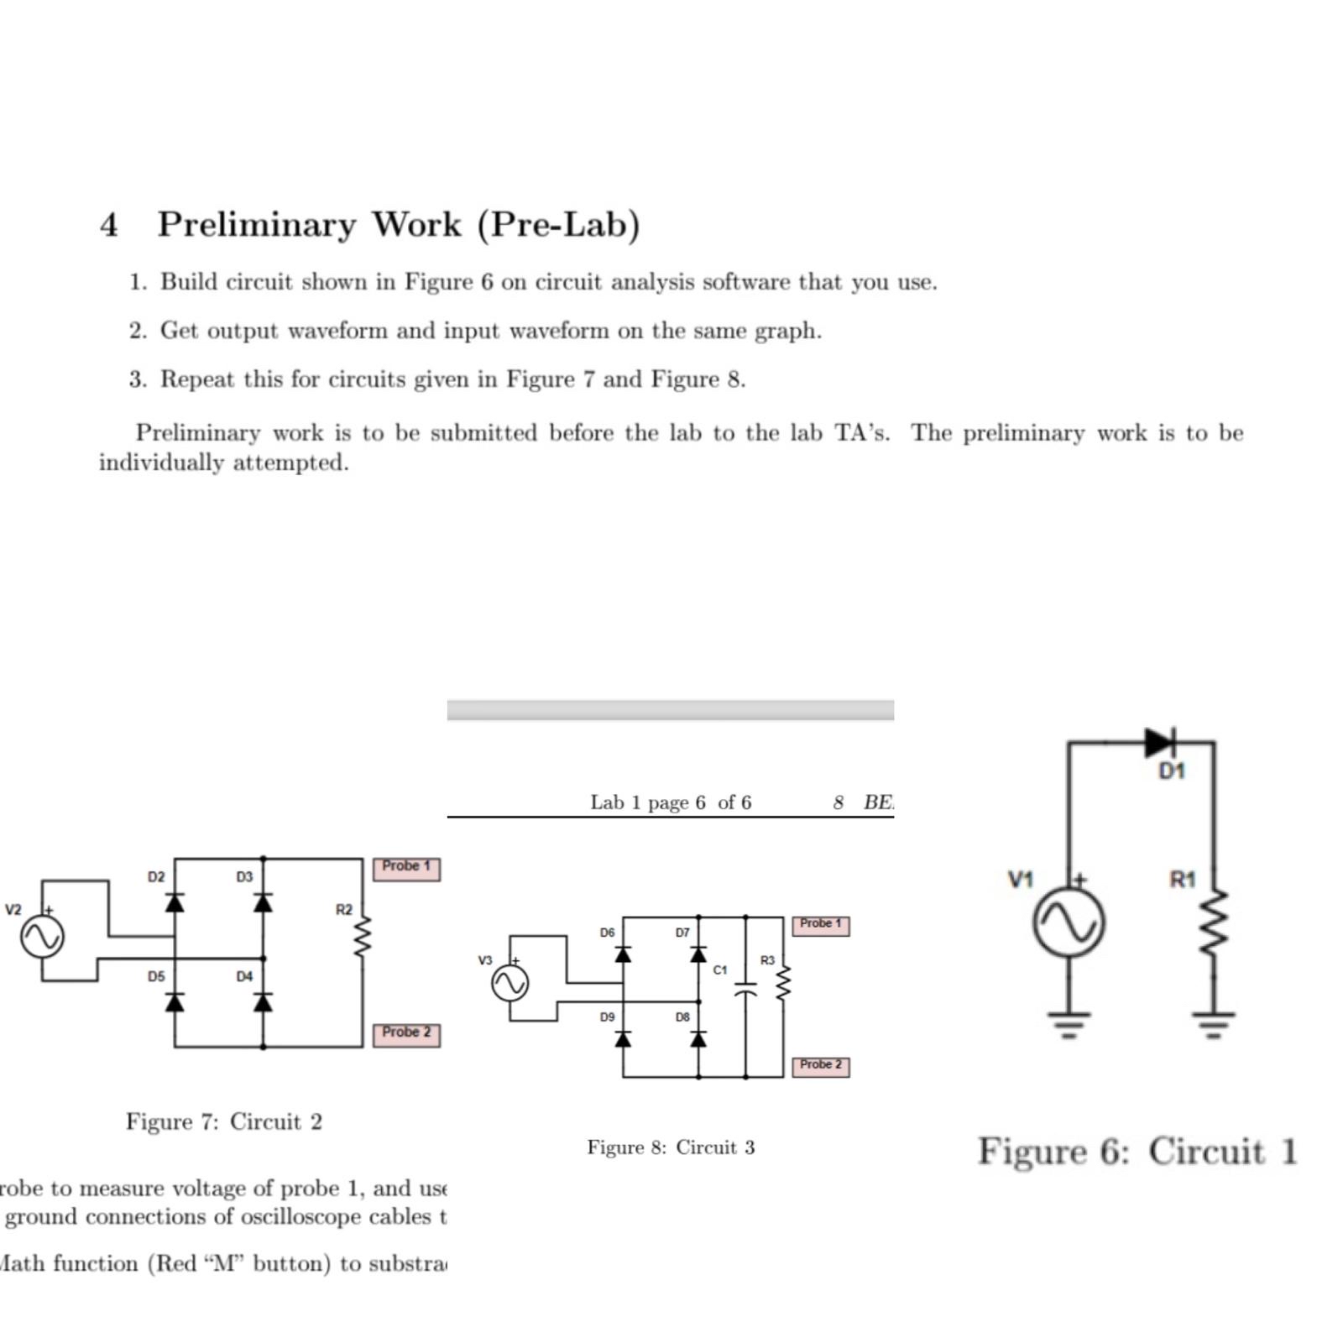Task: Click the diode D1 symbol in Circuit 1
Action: pyautogui.click(x=1160, y=742)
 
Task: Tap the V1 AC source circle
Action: pyautogui.click(x=1068, y=922)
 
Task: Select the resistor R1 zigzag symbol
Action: pyautogui.click(x=1214, y=923)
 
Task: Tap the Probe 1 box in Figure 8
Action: pyautogui.click(x=820, y=925)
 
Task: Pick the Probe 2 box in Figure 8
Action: pyautogui.click(x=820, y=1066)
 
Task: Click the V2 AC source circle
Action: pyautogui.click(x=42, y=937)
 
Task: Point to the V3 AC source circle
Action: pyautogui.click(x=510, y=983)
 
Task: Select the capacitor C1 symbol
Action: pyautogui.click(x=745, y=991)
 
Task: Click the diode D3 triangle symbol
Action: pyautogui.click(x=264, y=902)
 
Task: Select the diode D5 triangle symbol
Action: pyautogui.click(x=175, y=1001)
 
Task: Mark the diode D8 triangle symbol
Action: pyautogui.click(x=698, y=1039)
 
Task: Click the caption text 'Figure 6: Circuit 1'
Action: pyautogui.click(x=1137, y=1151)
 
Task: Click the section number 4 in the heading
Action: pyautogui.click(x=108, y=225)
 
